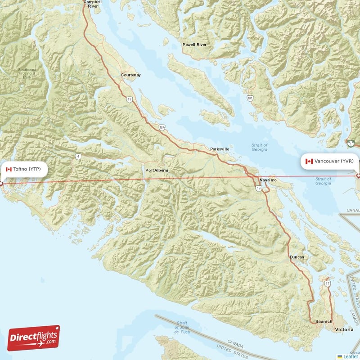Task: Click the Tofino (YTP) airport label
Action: (27, 169)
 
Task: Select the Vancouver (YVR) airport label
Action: (334, 161)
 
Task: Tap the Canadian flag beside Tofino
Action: (9, 169)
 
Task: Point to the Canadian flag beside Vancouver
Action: (309, 161)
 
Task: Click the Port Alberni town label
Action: (157, 170)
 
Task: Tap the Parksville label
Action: (220, 148)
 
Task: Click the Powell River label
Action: (194, 45)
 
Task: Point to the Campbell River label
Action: (93, 4)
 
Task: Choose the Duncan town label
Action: (297, 257)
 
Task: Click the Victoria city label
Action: (344, 330)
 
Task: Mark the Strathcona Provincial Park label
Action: (28, 73)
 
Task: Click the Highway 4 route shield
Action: (78, 156)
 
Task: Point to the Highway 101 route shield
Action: (250, 97)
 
